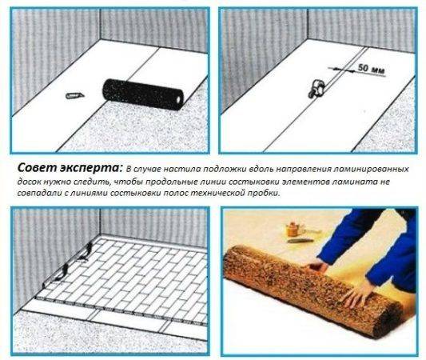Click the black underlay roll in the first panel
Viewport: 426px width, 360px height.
143,94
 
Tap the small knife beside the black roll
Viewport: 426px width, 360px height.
75,95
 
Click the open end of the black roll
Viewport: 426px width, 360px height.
178,100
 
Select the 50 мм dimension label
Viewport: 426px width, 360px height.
371,69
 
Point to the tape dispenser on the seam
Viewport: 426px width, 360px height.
316,87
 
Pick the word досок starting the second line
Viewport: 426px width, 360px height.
29,182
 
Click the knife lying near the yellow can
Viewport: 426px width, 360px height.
299,241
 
